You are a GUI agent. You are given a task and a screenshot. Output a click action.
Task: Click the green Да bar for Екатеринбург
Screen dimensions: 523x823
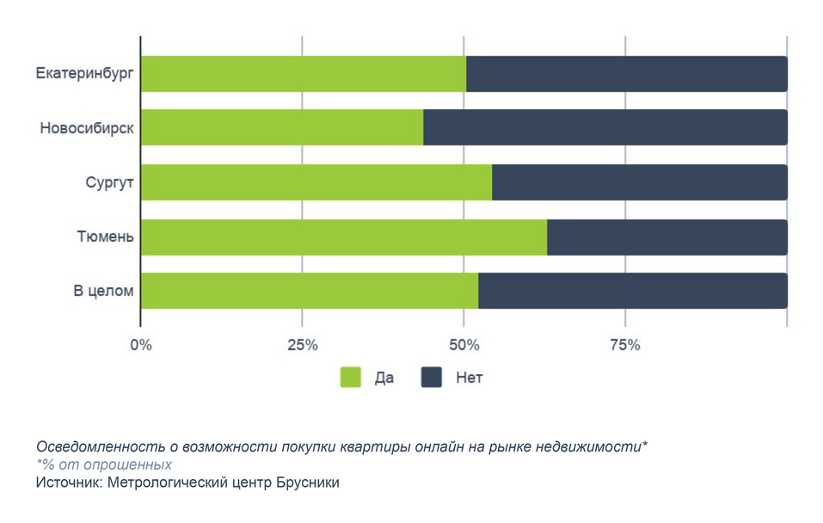tap(303, 74)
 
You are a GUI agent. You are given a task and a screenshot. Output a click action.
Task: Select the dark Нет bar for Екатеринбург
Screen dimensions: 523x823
tap(626, 74)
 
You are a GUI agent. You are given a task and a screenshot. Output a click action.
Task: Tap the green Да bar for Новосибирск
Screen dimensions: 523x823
tap(281, 127)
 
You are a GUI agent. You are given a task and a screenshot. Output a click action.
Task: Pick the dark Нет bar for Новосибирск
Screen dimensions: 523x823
tap(605, 127)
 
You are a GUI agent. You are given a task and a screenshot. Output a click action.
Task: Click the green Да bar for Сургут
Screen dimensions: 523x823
tap(316, 182)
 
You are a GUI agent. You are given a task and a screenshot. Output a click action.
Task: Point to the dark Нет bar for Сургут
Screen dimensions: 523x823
tap(639, 182)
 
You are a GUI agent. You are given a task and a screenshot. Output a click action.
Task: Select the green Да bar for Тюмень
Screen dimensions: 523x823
tap(343, 237)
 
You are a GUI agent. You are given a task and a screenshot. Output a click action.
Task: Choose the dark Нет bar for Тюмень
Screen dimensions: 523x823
tap(666, 237)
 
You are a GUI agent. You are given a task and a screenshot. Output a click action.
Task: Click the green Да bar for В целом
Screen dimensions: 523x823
tap(309, 291)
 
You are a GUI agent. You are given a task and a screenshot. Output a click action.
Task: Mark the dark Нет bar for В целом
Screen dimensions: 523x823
tap(632, 291)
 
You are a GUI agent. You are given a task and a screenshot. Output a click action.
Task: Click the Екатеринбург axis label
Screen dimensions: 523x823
tap(84, 74)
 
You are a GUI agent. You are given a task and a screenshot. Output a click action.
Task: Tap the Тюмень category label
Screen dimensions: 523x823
tap(105, 237)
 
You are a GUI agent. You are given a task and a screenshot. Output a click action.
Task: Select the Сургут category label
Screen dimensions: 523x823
tap(109, 182)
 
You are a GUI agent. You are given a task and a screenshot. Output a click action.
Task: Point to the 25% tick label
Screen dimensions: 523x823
tap(302, 345)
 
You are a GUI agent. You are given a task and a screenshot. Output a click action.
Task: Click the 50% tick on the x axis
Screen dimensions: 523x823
tap(464, 345)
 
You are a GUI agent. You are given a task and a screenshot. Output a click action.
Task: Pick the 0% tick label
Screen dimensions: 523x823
tap(140, 345)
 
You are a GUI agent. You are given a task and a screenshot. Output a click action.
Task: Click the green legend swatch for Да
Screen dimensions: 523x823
tap(351, 378)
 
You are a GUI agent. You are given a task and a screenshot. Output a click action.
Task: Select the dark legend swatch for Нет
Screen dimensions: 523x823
tap(432, 378)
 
